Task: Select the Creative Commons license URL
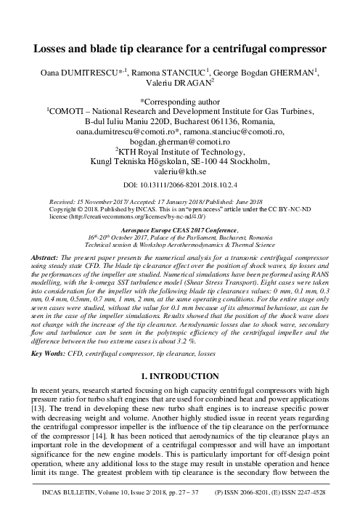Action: (116, 216)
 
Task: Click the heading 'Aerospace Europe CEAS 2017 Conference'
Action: (180, 229)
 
